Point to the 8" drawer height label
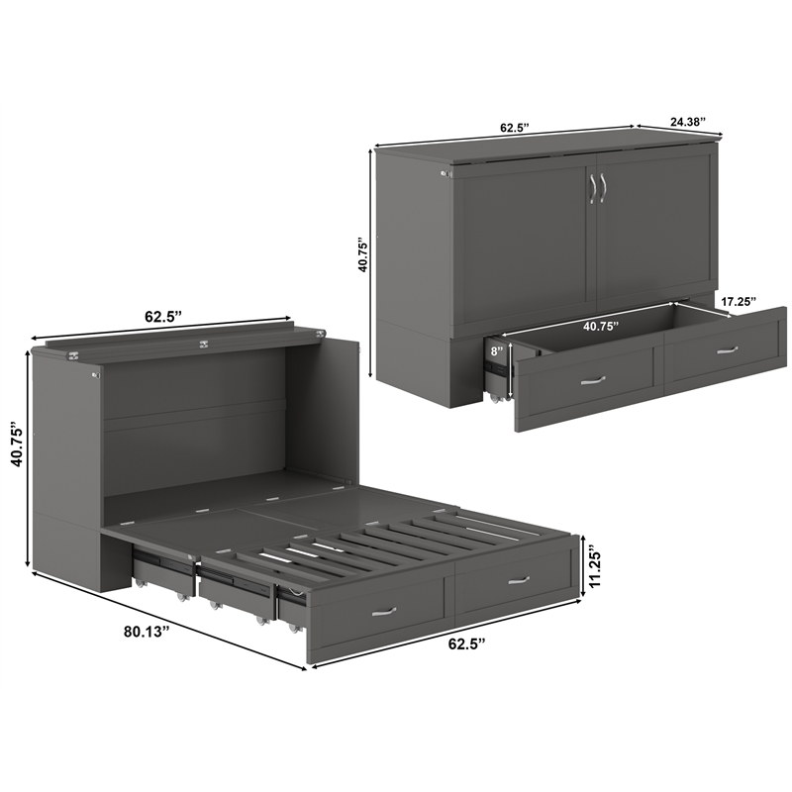[496, 349]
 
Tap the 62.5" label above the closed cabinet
[514, 128]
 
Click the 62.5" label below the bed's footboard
[464, 644]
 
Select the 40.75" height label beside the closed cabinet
[362, 254]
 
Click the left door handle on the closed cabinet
[592, 188]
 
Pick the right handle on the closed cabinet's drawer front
[728, 348]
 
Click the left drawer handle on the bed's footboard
[383, 611]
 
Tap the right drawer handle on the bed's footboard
[518, 580]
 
